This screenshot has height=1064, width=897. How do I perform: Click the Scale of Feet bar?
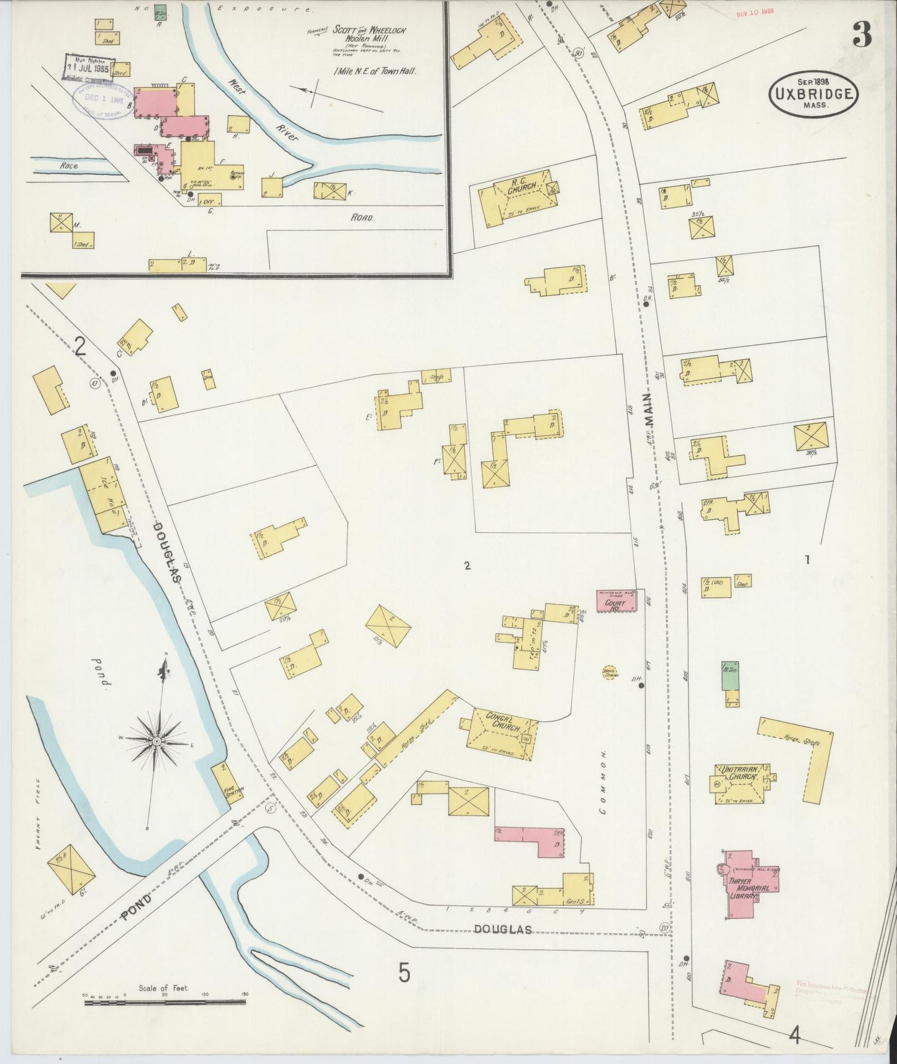[165, 1001]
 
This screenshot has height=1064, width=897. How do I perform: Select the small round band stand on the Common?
[609, 672]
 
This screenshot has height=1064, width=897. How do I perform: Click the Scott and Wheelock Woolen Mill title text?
[359, 34]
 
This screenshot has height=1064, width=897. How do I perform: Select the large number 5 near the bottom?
[404, 972]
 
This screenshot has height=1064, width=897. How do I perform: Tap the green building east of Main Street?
[730, 677]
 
